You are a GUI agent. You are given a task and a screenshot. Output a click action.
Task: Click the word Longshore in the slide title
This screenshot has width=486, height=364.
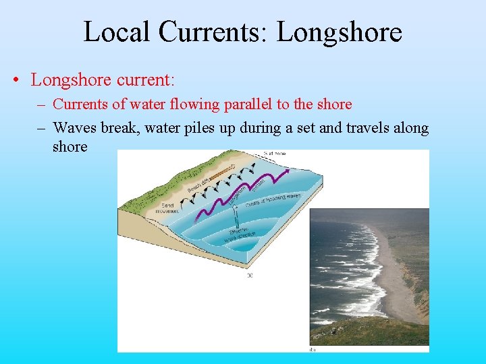point(340,32)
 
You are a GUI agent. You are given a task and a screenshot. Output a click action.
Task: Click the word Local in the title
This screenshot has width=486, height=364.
point(112,32)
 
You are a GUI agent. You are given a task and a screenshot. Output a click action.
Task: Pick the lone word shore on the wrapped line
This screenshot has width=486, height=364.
point(70,146)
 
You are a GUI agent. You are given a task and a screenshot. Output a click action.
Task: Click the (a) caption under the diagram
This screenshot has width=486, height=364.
point(251,274)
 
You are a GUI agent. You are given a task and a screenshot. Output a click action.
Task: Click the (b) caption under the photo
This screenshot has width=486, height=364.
point(312,348)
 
